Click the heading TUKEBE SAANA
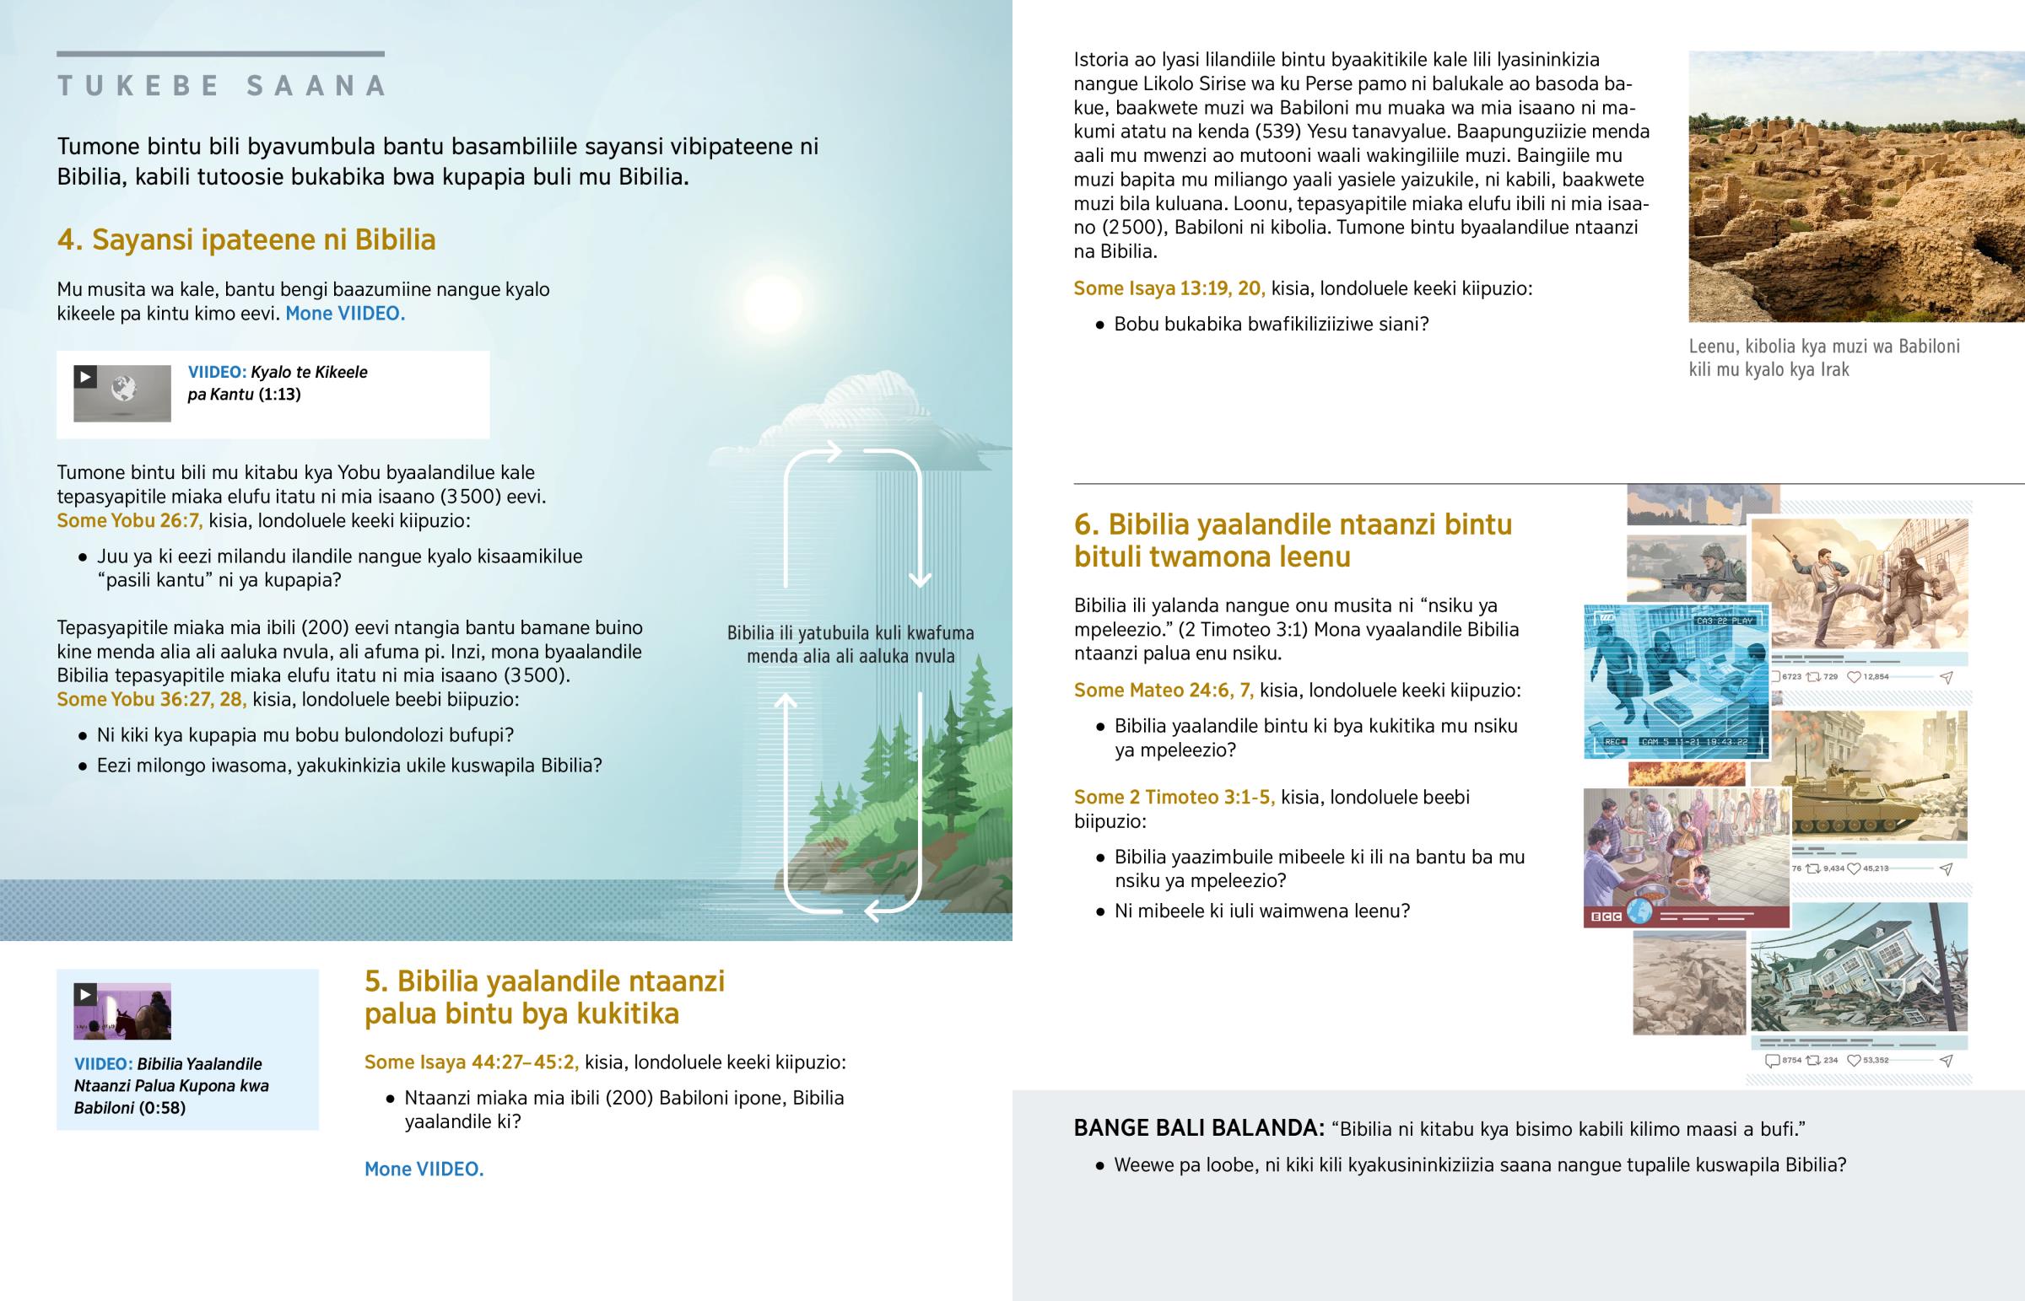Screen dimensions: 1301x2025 (221, 85)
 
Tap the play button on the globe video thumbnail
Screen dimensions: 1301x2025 (85, 377)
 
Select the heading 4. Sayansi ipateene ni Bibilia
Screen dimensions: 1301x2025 (246, 240)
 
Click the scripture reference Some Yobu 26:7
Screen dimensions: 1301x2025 (129, 520)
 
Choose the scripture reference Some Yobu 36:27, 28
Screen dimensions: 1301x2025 (151, 700)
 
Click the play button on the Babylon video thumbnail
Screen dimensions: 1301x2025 (85, 994)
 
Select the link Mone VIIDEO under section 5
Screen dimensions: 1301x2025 (424, 1169)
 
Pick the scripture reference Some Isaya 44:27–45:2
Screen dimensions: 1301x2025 (471, 1062)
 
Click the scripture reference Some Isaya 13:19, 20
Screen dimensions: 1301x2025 (1169, 288)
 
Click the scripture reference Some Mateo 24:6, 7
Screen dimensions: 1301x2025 (1163, 691)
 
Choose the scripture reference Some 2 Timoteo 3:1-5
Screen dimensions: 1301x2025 (1174, 798)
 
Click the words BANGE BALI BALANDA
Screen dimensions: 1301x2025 (1197, 1129)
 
